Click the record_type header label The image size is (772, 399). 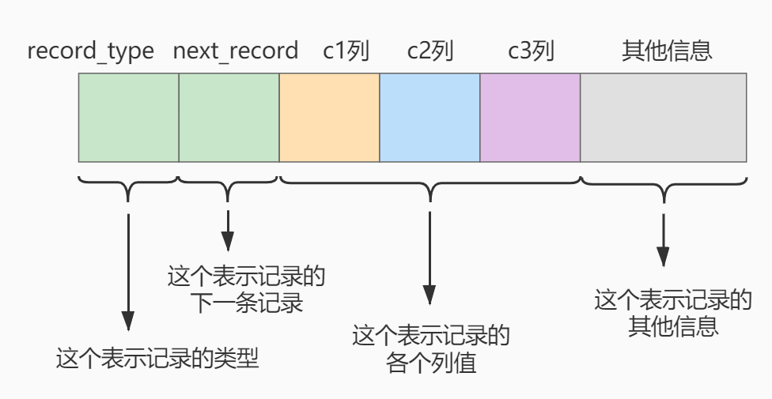click(91, 51)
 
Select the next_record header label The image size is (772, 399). click(236, 51)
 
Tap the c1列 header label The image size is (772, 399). click(346, 51)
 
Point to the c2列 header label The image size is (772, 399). click(430, 51)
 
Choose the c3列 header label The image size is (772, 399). click(531, 51)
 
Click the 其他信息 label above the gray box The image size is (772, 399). click(667, 51)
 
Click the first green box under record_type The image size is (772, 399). click(128, 118)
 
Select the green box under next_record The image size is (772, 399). click(229, 118)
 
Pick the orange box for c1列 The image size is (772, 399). click(329, 118)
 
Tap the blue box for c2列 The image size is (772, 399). click(430, 118)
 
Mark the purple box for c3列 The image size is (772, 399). click(530, 118)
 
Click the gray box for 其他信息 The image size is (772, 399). click(664, 118)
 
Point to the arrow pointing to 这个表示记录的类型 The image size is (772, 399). click(128, 272)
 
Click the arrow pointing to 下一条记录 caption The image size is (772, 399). click(228, 231)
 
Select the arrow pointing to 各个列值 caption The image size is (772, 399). click(430, 258)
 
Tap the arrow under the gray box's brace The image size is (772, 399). click(663, 240)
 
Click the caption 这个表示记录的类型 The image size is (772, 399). click(157, 358)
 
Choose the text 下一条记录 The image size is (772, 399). click(246, 303)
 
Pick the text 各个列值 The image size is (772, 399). click(431, 363)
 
